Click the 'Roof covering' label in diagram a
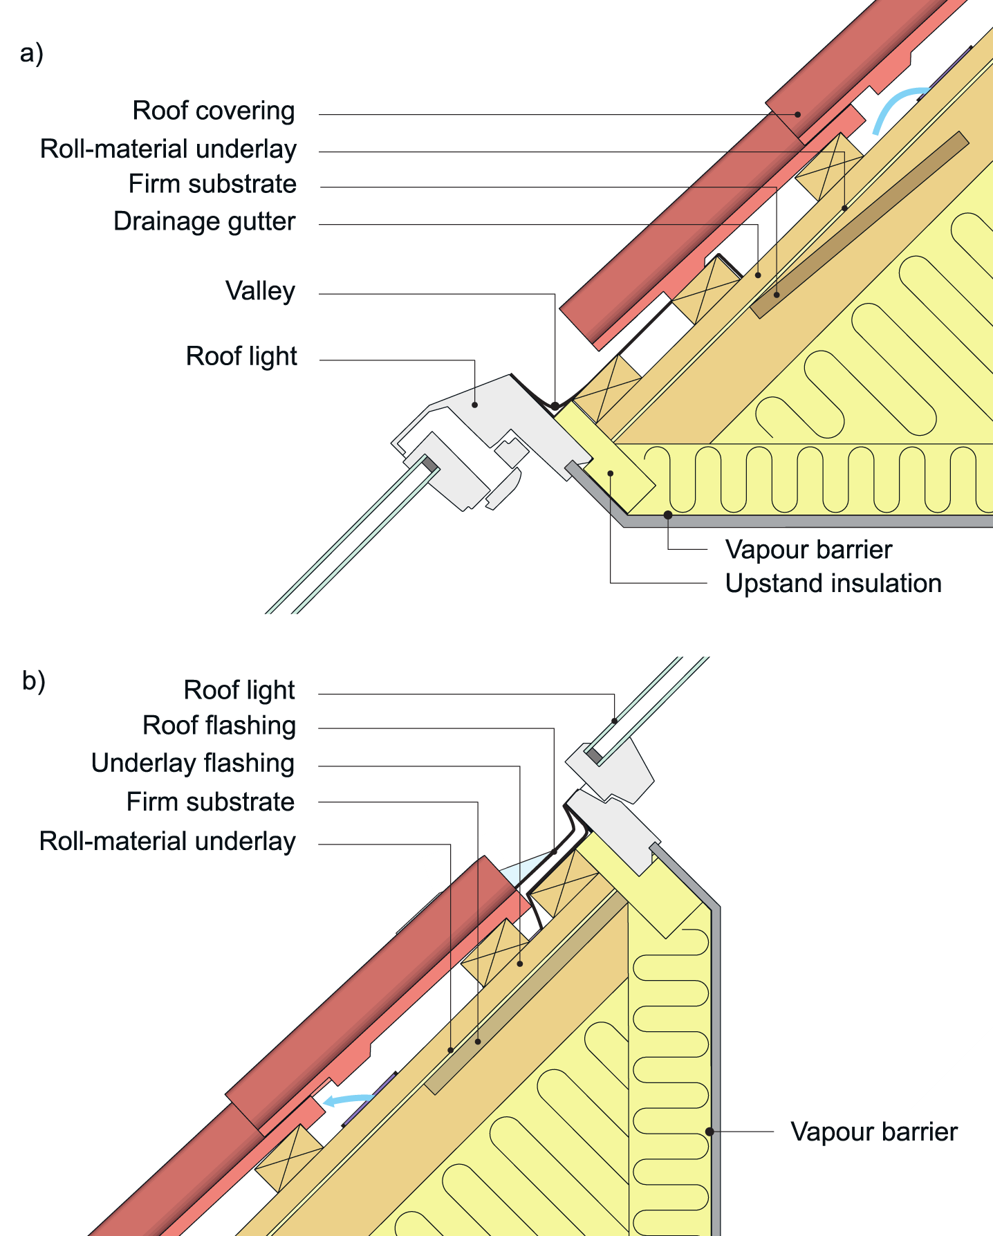point(214,111)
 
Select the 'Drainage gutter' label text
point(205,221)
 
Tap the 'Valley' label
point(260,291)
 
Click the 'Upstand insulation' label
point(833,584)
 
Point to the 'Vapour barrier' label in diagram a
point(808,550)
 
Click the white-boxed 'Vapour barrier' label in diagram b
point(873,1132)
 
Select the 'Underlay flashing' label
point(193,764)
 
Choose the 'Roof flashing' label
point(219,726)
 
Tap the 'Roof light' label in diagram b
point(239,690)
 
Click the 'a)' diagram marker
point(32,53)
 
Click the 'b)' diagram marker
point(34,681)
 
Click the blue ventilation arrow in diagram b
point(349,1099)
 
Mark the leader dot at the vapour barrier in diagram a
point(668,515)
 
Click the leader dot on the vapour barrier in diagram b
point(709,1132)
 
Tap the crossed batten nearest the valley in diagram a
point(607,389)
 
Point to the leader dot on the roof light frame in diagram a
point(475,404)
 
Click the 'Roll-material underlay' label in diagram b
point(167,841)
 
